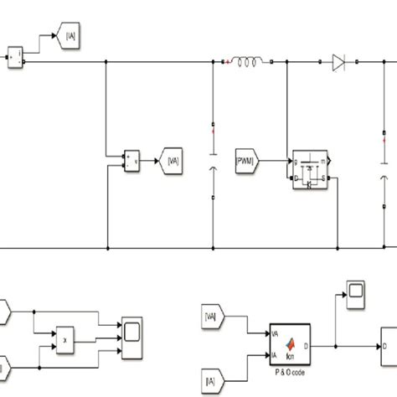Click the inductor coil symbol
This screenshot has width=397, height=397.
pos(248,61)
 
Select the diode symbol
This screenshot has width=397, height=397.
pos(338,61)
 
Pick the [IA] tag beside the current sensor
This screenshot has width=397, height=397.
pos(66,35)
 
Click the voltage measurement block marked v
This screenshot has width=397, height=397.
pos(132,159)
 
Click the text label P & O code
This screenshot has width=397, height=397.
pos(291,371)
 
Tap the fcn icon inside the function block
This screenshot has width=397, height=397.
pos(292,343)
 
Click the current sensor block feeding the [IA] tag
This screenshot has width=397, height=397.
pos(15,57)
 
